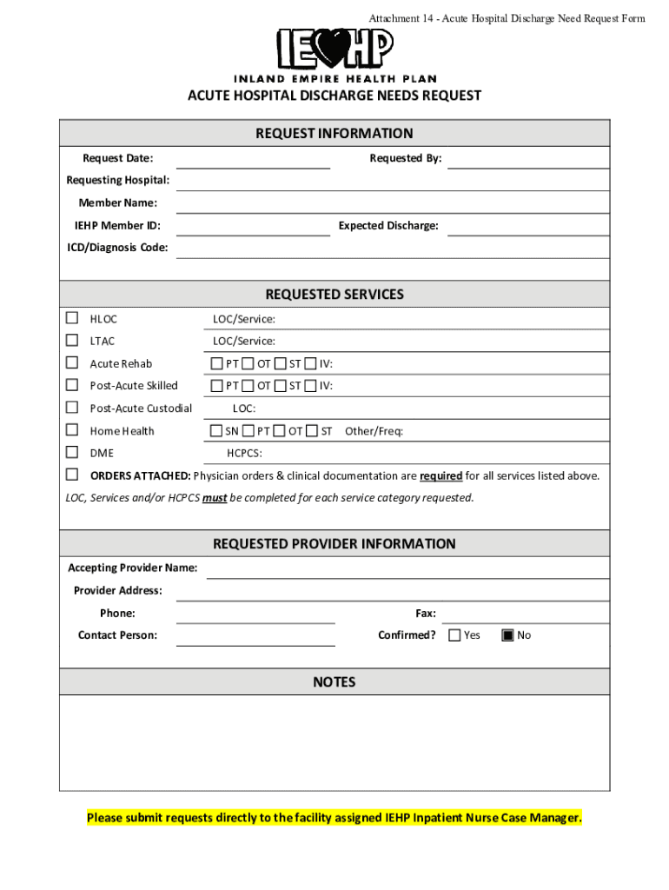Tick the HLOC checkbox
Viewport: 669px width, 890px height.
pos(72,318)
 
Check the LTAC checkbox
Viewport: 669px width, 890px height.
pos(72,341)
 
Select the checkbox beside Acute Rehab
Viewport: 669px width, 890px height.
pos(72,362)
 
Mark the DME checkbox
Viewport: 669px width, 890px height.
pos(72,452)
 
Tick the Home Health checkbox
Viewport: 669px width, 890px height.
pos(72,429)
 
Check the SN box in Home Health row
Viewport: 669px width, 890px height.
pos(216,430)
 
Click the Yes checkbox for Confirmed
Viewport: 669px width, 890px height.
pos(454,634)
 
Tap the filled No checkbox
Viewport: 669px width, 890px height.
pos(508,634)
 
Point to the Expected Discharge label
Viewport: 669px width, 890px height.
pos(388,226)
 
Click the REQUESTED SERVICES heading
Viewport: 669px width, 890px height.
pos(334,295)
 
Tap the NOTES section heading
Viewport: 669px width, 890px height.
pos(334,682)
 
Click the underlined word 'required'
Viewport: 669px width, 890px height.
pos(440,476)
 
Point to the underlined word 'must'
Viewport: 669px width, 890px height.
pos(215,498)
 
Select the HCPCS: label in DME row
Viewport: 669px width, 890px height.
pos(244,453)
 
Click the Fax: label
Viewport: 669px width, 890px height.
pos(426,614)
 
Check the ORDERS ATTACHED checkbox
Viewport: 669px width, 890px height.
pos(72,475)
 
